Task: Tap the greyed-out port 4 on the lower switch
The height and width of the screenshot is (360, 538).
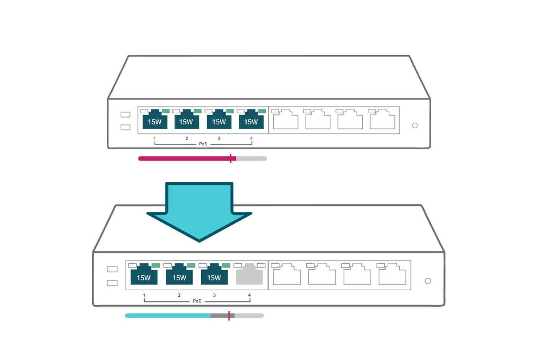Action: click(x=249, y=275)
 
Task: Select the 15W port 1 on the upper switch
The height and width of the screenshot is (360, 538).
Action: click(x=155, y=120)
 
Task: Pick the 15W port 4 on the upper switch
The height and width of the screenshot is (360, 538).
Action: click(x=251, y=120)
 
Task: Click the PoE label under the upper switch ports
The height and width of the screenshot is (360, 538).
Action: click(x=203, y=144)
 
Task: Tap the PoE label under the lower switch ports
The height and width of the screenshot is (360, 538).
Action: click(x=197, y=301)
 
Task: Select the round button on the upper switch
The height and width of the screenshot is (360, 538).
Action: click(x=415, y=126)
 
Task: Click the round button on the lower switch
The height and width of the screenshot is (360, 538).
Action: click(x=428, y=281)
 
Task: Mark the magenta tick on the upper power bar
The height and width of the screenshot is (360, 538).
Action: click(x=231, y=159)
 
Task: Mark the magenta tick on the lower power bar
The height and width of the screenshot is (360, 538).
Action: click(x=229, y=316)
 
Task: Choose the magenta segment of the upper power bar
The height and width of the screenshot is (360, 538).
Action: click(x=184, y=159)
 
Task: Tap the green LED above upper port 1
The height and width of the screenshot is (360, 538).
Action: click(x=166, y=111)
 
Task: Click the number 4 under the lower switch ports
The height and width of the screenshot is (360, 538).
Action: click(x=249, y=295)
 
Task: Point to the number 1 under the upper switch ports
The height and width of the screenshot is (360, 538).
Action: click(x=155, y=138)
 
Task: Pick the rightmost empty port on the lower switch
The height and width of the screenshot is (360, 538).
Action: click(x=392, y=275)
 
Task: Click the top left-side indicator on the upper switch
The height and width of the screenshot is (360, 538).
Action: click(x=126, y=115)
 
